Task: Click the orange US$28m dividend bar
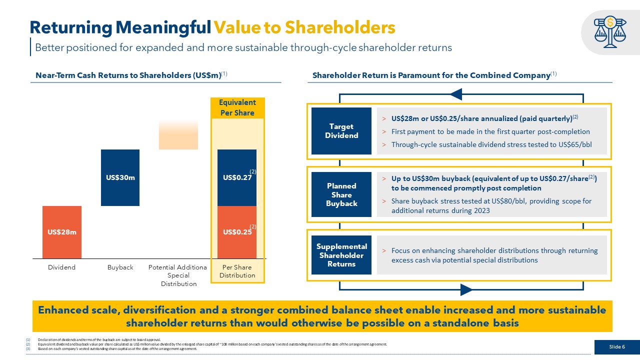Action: coord(62,232)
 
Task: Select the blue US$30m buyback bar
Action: coord(120,177)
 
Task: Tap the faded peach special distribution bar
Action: coord(178,135)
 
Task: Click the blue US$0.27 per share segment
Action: coord(237,177)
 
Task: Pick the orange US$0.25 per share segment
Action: coord(237,232)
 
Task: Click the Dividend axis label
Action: coord(61,267)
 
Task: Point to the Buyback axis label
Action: coord(120,267)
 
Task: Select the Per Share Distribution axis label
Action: coord(237,271)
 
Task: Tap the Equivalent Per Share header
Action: coord(237,107)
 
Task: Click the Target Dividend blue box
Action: coord(341,131)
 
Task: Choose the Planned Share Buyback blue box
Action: coord(341,194)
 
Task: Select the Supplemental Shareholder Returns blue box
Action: coord(341,255)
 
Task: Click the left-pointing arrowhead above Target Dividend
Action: coord(456,94)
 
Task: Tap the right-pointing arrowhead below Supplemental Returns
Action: coord(466,289)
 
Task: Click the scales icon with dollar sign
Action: coord(610,31)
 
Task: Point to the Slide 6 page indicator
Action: coord(617,347)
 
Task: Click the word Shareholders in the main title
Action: coord(340,27)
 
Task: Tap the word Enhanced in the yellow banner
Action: coord(63,310)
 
